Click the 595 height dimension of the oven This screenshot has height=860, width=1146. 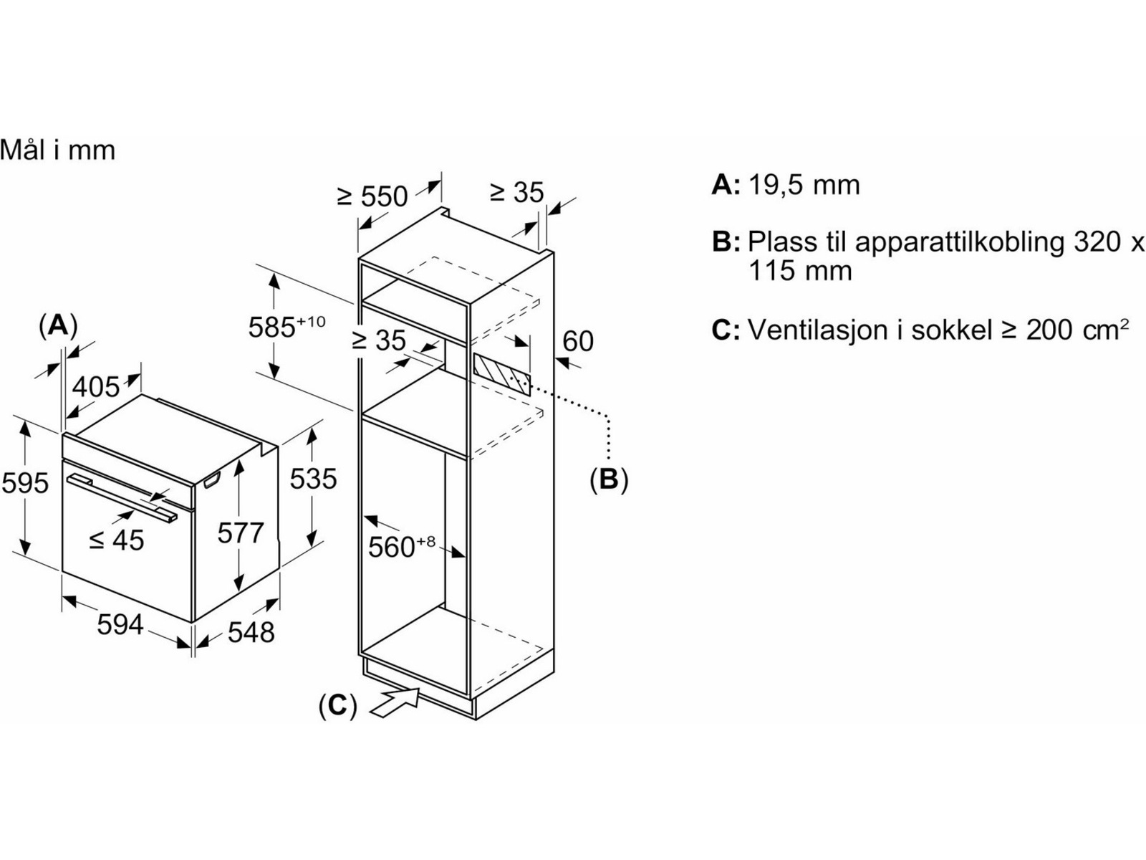click(x=25, y=483)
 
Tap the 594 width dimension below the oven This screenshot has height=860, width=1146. click(x=120, y=625)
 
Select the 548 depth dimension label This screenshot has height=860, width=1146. click(x=251, y=632)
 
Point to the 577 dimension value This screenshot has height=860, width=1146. click(x=241, y=533)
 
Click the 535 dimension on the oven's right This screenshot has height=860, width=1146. click(x=313, y=479)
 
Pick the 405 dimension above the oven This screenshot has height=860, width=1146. click(x=97, y=387)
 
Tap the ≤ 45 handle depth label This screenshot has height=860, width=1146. click(x=117, y=540)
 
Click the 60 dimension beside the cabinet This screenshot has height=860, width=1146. click(x=578, y=341)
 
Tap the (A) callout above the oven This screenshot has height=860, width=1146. click(x=57, y=325)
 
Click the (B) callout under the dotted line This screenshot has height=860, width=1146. click(x=608, y=479)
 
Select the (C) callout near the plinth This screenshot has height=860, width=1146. click(x=337, y=706)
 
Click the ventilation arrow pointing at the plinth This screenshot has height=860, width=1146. click(x=395, y=702)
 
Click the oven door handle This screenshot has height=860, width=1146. click(x=122, y=494)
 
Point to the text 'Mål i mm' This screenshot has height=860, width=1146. click(x=57, y=150)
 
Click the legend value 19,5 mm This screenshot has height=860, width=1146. click(x=804, y=185)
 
